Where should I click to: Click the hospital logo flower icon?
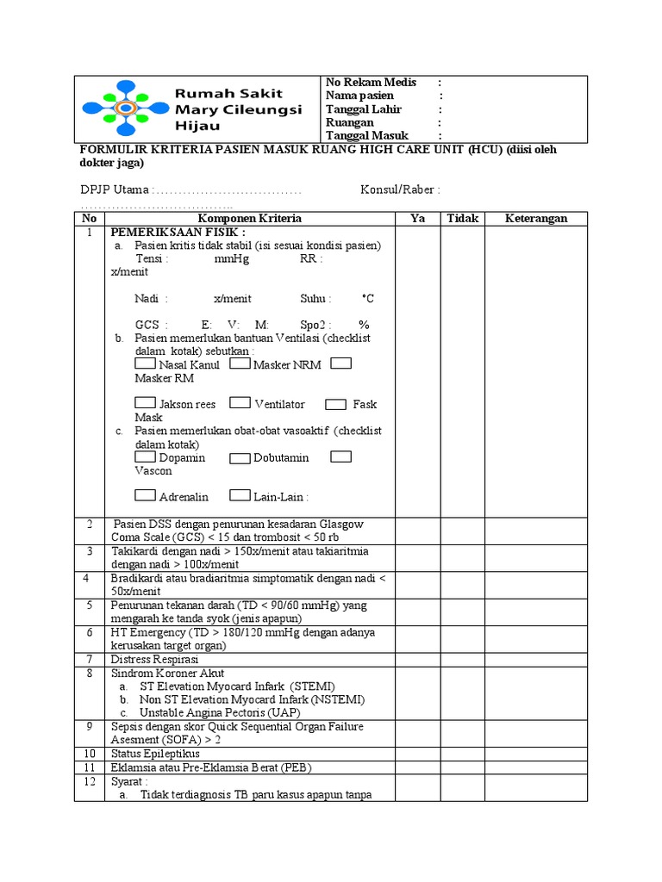(124, 109)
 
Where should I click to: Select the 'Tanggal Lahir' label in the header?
(363, 109)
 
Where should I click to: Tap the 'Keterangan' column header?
(535, 218)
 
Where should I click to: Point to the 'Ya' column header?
(418, 218)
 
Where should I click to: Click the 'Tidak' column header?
(462, 218)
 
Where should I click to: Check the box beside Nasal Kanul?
(146, 363)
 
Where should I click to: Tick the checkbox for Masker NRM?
(240, 363)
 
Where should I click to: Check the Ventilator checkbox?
(240, 403)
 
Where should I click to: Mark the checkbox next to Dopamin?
(146, 457)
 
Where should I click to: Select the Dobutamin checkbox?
(240, 457)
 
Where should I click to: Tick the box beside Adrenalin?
(146, 495)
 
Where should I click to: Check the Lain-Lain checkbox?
(240, 495)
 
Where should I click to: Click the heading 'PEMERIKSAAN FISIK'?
(177, 233)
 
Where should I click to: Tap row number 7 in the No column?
(90, 659)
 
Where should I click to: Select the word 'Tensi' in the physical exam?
(151, 258)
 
